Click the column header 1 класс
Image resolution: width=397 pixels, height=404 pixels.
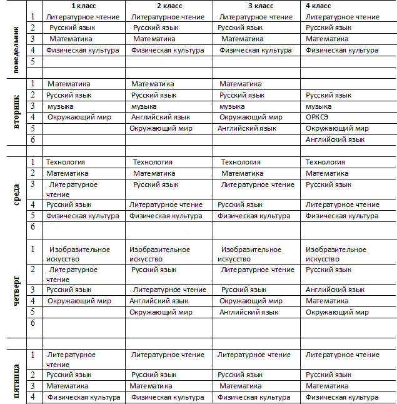84,6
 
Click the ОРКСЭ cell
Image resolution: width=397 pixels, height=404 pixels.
318,117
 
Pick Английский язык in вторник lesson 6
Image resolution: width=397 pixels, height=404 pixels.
334,139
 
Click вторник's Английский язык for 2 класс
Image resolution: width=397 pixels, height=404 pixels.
160,117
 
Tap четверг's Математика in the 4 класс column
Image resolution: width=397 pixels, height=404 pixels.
327,301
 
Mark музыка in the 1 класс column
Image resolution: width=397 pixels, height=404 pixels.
61,106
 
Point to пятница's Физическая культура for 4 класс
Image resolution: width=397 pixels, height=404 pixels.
342,397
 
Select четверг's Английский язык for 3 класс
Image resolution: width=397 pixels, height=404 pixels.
249,312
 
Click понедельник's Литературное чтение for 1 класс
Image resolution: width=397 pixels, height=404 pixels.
83,17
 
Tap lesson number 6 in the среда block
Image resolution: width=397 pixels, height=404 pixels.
33,226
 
